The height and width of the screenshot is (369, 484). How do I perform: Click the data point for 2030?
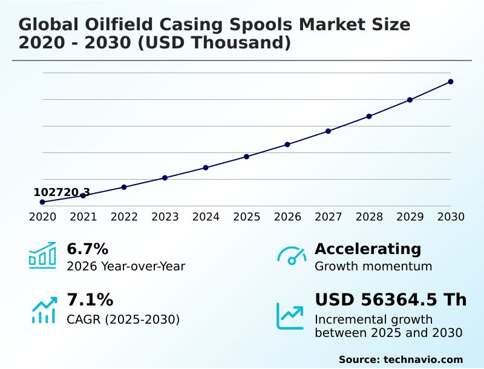(451, 82)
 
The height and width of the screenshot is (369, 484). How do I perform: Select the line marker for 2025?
(247, 157)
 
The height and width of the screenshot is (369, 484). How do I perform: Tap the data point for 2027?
(329, 131)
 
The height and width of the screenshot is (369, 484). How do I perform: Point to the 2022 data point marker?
(124, 187)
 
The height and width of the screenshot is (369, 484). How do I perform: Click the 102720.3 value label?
(62, 192)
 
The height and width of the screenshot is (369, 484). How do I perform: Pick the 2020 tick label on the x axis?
(42, 217)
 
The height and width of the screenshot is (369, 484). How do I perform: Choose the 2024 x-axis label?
(206, 217)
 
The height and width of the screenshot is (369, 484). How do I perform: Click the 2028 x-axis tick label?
(369, 217)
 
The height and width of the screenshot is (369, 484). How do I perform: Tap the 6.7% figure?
(87, 249)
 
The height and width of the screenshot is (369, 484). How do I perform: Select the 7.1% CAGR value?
(90, 299)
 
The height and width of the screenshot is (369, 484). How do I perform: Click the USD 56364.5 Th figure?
(390, 299)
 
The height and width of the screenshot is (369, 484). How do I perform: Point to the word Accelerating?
(368, 249)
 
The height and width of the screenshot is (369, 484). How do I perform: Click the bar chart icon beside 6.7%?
(42, 255)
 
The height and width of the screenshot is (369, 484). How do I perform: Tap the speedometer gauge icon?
(292, 255)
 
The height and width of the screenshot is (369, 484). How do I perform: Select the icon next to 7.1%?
(44, 310)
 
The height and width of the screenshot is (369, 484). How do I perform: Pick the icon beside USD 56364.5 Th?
(290, 315)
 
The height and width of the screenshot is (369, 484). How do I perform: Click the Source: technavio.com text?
(401, 359)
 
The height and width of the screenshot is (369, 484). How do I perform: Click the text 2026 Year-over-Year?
(126, 266)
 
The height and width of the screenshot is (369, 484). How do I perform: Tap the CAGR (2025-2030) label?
(123, 319)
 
